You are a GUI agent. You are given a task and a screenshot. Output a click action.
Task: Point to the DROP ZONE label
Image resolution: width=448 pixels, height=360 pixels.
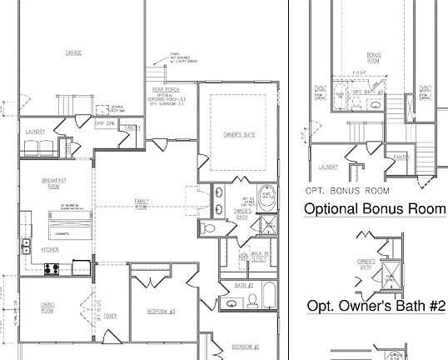pos(104,123)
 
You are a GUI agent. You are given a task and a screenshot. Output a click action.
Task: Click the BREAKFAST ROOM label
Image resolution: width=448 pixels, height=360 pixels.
pos(54,183)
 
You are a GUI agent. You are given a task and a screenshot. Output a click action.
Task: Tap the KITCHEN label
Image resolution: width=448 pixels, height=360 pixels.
pos(48,249)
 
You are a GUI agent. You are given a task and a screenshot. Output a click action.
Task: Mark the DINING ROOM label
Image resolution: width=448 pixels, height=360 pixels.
pos(47,307)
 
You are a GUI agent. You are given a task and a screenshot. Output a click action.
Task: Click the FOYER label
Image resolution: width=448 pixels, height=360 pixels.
pos(110,317)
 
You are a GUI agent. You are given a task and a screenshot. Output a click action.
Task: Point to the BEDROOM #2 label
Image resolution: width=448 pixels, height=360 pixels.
pos(246,346)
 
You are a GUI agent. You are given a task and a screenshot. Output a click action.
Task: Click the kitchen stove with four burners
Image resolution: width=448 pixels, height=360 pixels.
pos(50,269)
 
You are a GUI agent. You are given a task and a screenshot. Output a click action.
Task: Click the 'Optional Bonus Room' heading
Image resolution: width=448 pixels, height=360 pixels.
pos(375,208)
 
